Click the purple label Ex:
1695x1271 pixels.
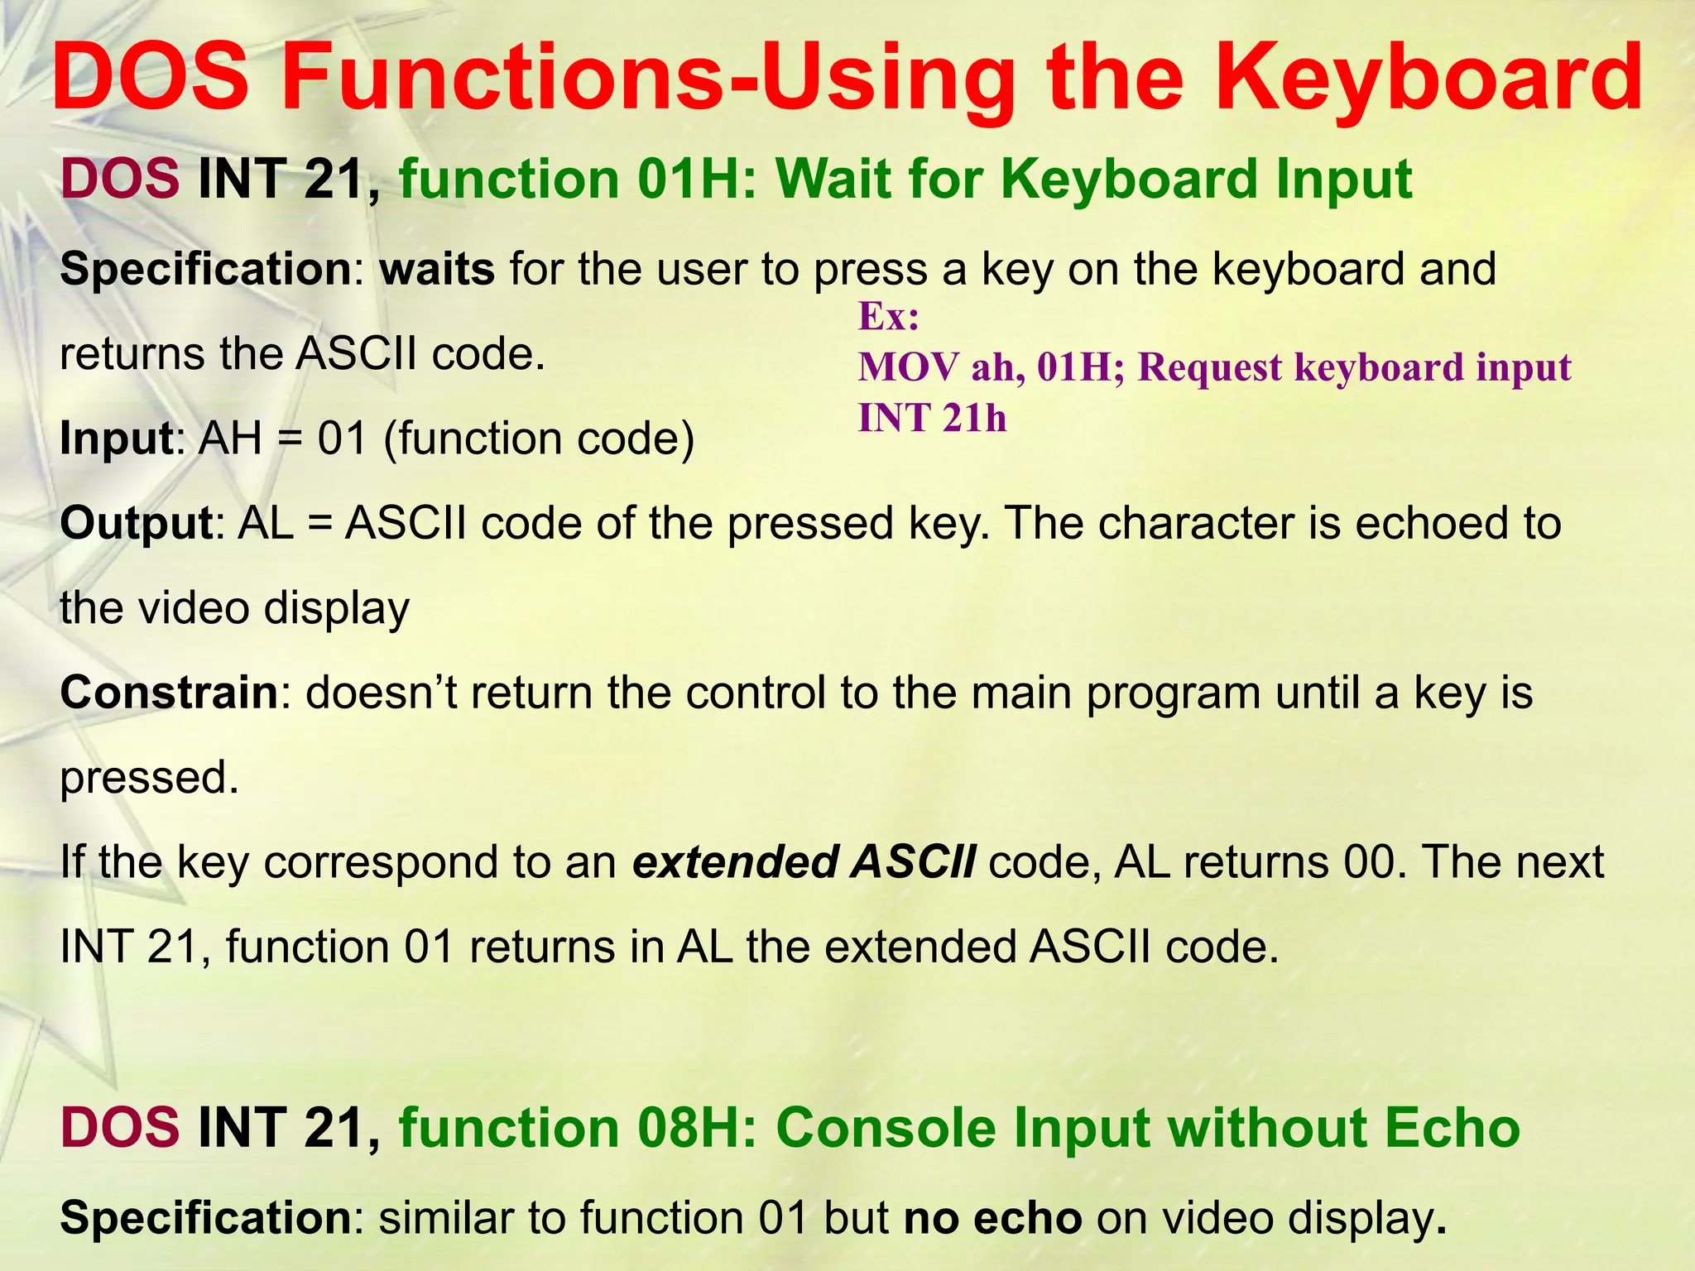[888, 317]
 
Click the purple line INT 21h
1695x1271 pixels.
[932, 418]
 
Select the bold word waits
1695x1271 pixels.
[437, 270]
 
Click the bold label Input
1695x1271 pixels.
[116, 439]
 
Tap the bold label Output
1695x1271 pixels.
[137, 524]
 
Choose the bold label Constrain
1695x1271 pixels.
[169, 693]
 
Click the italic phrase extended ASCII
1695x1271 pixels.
[804, 862]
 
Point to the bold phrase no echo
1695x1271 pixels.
[992, 1218]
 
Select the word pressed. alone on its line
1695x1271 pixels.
[149, 778]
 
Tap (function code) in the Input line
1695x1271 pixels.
[539, 439]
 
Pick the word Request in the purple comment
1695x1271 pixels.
[1209, 367]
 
